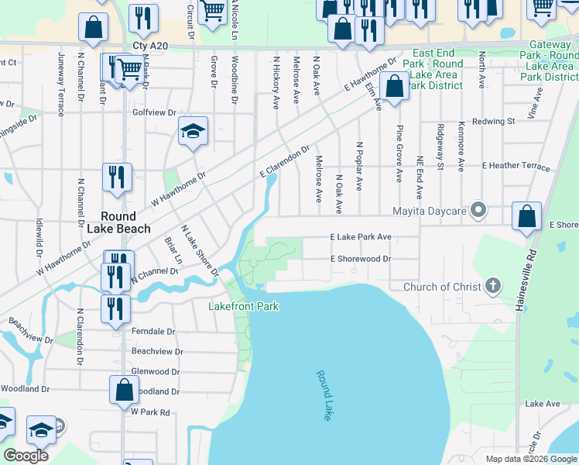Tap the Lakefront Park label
pyautogui.click(x=243, y=306)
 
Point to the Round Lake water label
pyautogui.click(x=324, y=395)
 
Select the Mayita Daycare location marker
pyautogui.click(x=479, y=210)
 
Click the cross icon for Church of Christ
pyautogui.click(x=492, y=287)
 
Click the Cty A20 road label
pyautogui.click(x=149, y=46)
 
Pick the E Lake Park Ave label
pyautogui.click(x=361, y=236)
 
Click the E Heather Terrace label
pyautogui.click(x=516, y=167)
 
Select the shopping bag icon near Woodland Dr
pyautogui.click(x=124, y=389)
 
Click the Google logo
pyautogui.click(x=26, y=455)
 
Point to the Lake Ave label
pyautogui.click(x=542, y=404)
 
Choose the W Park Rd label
pyautogui.click(x=150, y=412)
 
